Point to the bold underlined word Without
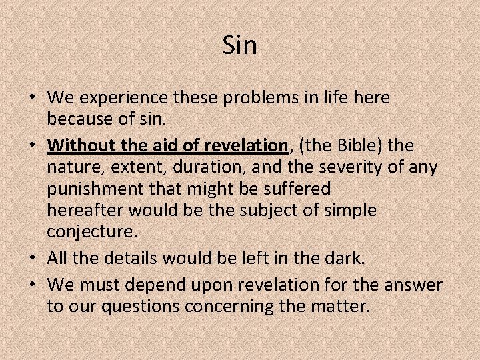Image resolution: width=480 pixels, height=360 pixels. point(79,145)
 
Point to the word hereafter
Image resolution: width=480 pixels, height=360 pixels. point(85,211)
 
